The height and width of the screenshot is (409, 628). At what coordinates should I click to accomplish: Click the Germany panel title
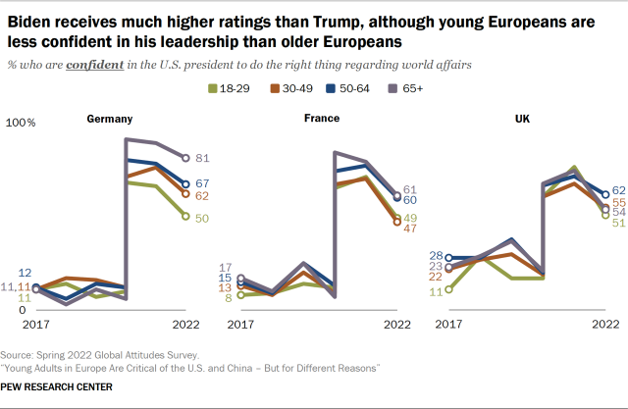(111, 119)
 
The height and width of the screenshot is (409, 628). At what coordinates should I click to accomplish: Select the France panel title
(321, 119)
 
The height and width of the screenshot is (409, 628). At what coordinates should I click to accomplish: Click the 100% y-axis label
(21, 124)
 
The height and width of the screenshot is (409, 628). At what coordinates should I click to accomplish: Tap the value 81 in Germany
(204, 158)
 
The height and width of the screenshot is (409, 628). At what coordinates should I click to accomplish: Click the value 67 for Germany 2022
(204, 183)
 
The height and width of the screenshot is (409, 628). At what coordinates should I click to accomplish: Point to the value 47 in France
(412, 228)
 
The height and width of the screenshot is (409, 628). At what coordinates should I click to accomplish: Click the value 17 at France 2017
(225, 267)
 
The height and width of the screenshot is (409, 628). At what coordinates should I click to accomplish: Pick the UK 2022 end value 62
(619, 191)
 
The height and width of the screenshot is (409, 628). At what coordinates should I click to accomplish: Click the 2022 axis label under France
(396, 324)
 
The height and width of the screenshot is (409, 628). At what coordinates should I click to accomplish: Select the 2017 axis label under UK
(449, 324)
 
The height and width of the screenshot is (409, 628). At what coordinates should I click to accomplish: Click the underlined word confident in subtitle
(95, 65)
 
